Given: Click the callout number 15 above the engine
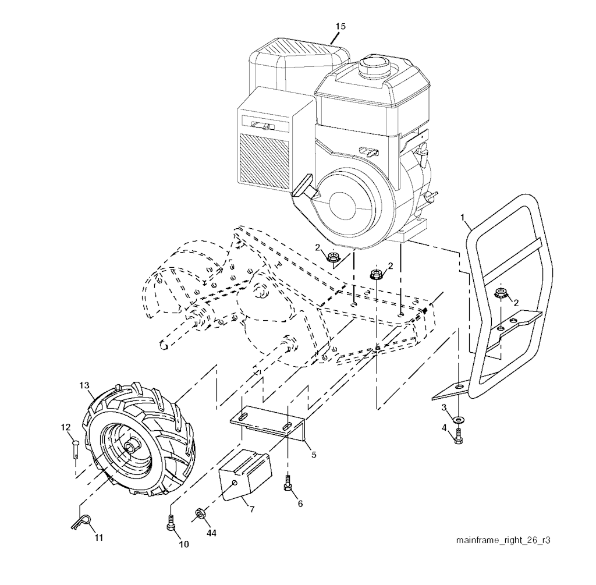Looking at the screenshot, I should (340, 26).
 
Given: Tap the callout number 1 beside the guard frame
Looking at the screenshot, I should (463, 218).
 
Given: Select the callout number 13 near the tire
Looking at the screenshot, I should (84, 385).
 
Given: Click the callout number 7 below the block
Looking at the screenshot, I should (251, 509).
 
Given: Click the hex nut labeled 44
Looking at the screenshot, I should (198, 513).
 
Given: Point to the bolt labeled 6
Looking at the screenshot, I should (287, 483).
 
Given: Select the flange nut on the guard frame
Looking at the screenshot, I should (500, 293).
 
